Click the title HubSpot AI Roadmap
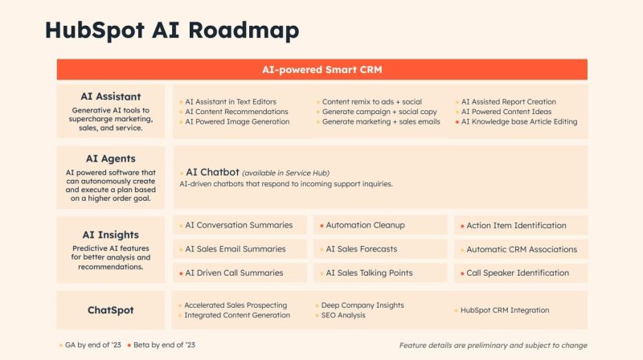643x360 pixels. coord(172,30)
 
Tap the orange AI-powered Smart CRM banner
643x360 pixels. coord(321,70)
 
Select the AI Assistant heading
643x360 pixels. coord(111,96)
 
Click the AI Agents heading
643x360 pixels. coord(111,158)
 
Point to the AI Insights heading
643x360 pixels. coord(111,235)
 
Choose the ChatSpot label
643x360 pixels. coord(111,310)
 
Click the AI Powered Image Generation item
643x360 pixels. coord(236,122)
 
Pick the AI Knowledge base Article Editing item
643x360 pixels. coord(518,122)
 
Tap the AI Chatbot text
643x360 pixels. coord(212,172)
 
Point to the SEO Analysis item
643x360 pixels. coord(343,315)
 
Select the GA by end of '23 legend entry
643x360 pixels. coord(90,346)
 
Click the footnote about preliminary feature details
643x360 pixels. coord(493,346)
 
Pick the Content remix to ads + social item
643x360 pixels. coord(371,102)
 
